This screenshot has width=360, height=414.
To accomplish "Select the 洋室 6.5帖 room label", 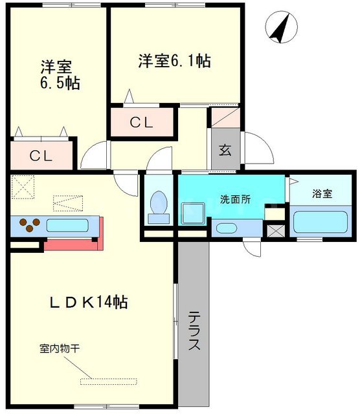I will tap(59, 75).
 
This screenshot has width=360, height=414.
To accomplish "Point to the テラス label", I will tap(194, 331).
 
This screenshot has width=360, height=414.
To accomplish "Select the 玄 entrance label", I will tap(225, 150).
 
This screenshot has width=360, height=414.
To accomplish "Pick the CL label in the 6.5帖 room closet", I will tap(41, 156).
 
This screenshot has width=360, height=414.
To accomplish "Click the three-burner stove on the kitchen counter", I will tap(28, 226).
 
